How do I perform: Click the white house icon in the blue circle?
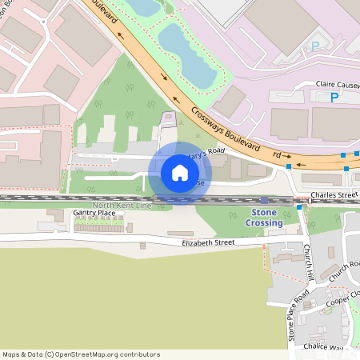179,172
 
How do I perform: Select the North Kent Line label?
122,206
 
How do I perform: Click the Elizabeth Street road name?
207,242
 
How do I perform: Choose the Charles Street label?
334,194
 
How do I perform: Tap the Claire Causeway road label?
338,84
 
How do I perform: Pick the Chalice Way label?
323,347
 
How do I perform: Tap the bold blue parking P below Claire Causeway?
334,98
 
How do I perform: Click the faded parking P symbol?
314,46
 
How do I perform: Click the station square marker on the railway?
265,199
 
